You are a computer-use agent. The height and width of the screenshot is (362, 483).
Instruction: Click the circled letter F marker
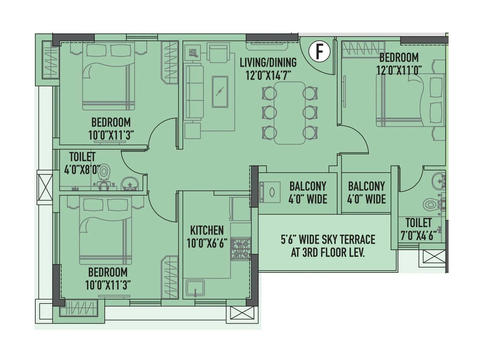click(319, 52)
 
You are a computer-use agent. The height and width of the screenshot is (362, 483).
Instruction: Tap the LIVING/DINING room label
click(268, 63)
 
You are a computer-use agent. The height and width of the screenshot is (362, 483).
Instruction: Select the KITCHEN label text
click(207, 230)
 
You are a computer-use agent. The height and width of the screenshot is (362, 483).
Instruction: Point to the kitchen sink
click(195, 288)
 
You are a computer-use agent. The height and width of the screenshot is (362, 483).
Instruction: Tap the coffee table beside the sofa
click(220, 92)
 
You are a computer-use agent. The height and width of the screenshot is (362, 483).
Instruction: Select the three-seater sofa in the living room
click(194, 92)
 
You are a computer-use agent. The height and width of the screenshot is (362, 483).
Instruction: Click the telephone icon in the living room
click(193, 53)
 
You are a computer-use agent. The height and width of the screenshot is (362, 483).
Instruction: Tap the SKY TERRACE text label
click(328, 240)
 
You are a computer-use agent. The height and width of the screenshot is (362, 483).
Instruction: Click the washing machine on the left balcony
click(270, 192)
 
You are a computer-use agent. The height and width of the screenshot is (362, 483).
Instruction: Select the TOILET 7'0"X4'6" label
click(418, 229)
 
